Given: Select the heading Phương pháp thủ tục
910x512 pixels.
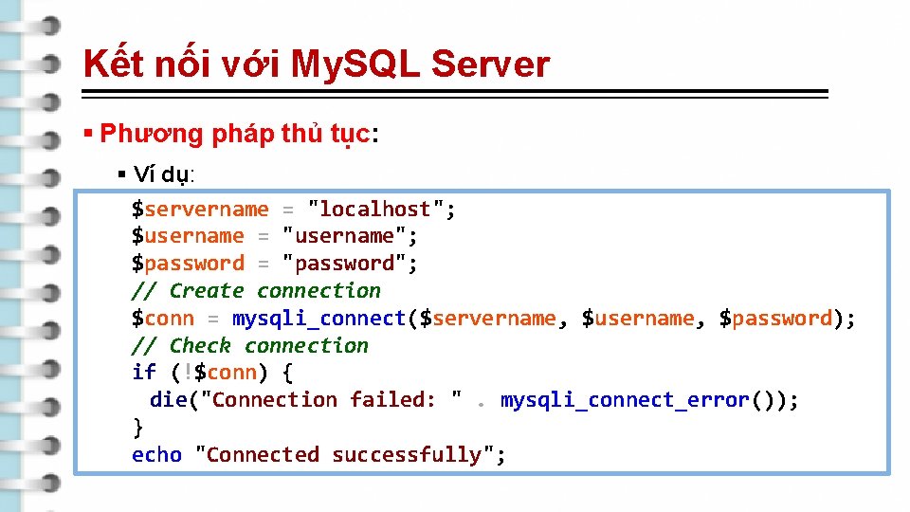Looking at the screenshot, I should (237, 134).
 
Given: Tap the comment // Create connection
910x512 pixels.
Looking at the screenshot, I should (256, 291).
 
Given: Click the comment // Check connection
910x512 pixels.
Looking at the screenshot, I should (249, 346).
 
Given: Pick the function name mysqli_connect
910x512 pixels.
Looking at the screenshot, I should (318, 319).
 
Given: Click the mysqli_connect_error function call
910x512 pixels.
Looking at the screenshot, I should (625, 400).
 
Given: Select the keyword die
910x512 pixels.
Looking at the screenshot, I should (169, 400).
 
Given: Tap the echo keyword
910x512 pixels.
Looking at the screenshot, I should (156, 455).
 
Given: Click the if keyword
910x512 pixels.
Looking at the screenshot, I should (144, 373).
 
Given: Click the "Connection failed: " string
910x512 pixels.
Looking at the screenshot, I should (332, 400).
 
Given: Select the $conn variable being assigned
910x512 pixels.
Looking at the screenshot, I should (163, 319).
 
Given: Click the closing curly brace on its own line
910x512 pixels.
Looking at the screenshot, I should (138, 428).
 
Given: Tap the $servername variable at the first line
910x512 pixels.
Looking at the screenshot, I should (200, 209).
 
